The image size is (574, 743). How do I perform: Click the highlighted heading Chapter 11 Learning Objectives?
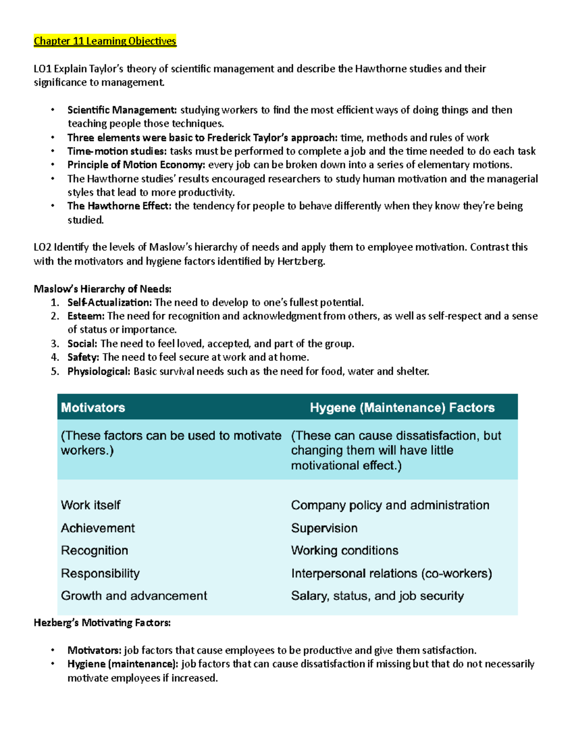pos(105,41)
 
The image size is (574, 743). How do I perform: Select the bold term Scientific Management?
pos(122,110)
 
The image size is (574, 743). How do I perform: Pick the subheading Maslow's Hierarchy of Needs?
pos(102,289)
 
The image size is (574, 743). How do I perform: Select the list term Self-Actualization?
pos(110,302)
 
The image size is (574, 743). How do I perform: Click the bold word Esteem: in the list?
pos(86,316)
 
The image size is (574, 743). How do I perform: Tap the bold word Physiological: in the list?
pos(99,371)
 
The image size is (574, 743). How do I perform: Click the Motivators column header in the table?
pos(93,408)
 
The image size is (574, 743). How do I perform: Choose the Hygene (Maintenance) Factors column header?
pos(402,408)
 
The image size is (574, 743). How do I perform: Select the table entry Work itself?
pos(91,505)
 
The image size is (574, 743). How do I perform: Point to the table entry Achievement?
pos(98,528)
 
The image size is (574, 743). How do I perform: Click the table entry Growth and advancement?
pos(134,596)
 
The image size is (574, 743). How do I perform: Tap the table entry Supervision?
pos(324,528)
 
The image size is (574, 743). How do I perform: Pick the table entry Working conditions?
pos(344,551)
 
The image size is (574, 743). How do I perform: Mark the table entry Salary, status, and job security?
pos(377,596)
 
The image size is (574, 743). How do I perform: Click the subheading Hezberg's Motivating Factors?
pos(102,623)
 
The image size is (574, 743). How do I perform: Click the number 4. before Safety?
pos(55,357)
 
